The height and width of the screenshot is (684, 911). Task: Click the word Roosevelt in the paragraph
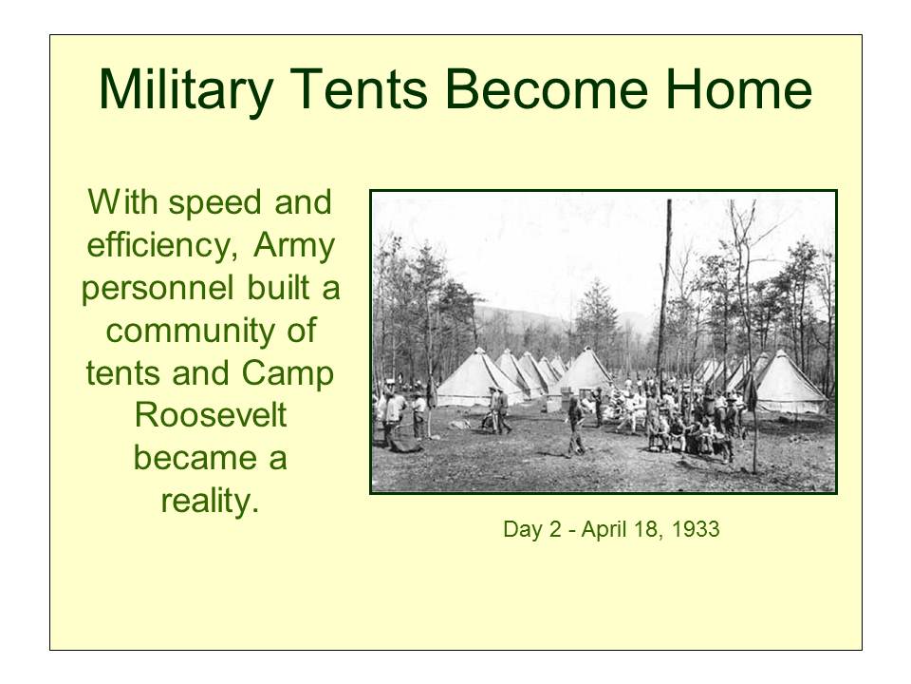click(x=210, y=417)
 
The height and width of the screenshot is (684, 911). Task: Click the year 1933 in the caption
click(x=696, y=530)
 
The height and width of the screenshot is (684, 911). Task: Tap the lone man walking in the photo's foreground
click(x=575, y=427)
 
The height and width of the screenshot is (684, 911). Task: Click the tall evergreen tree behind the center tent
click(x=598, y=318)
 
